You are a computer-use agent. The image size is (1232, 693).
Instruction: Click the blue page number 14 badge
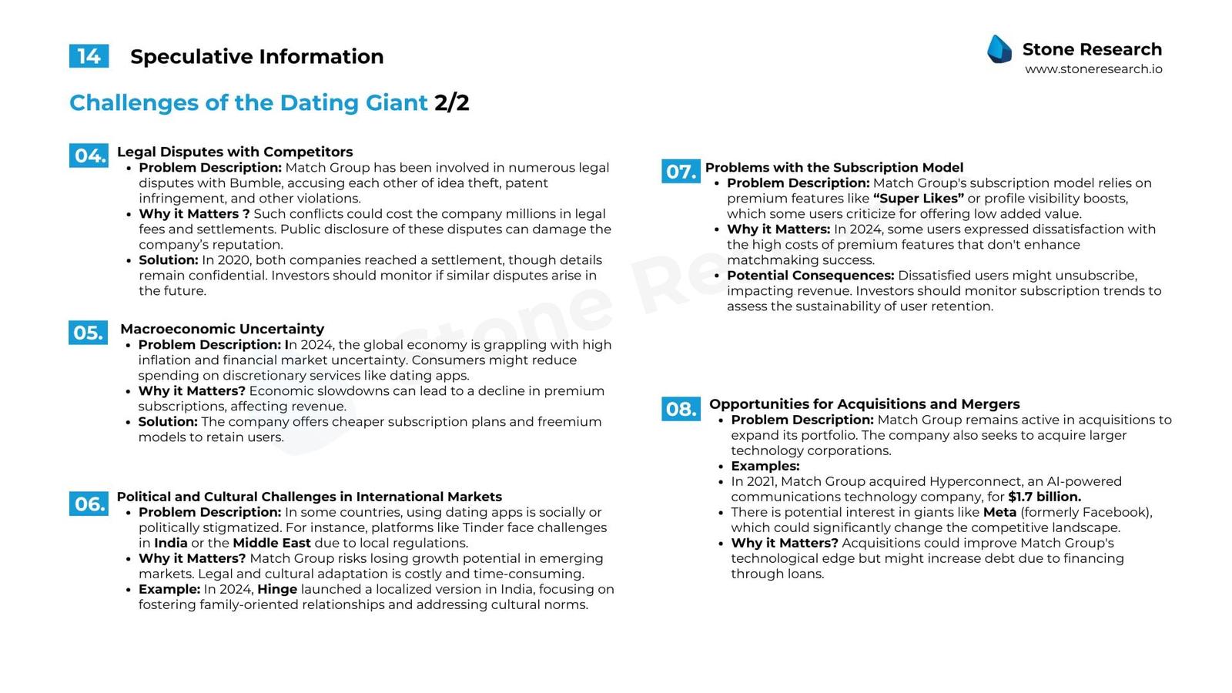click(89, 56)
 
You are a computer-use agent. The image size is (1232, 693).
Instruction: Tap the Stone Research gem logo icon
click(999, 49)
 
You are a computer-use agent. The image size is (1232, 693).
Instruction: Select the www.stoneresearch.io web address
click(1093, 69)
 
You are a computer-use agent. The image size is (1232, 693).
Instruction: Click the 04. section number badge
click(89, 156)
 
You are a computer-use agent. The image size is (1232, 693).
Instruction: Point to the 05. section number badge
click(88, 333)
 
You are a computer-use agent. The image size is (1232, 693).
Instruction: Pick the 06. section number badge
click(89, 504)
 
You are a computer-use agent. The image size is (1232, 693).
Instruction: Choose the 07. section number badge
click(681, 171)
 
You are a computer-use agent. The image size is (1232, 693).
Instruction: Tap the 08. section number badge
click(681, 408)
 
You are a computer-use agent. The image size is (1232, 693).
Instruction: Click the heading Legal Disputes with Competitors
click(235, 152)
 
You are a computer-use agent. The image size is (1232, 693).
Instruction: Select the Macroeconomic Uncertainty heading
click(222, 329)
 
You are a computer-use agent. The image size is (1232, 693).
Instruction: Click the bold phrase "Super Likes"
click(918, 199)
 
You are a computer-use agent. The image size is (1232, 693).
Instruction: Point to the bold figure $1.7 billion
click(1044, 497)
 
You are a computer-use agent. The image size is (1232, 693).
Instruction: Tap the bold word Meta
click(999, 512)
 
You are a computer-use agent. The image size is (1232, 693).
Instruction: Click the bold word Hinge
click(277, 589)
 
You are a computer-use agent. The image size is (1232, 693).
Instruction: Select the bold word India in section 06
click(171, 543)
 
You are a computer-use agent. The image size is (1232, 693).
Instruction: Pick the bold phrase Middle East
click(272, 543)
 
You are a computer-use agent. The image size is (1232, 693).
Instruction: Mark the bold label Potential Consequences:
click(810, 276)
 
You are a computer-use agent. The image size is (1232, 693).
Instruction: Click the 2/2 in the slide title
click(451, 102)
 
